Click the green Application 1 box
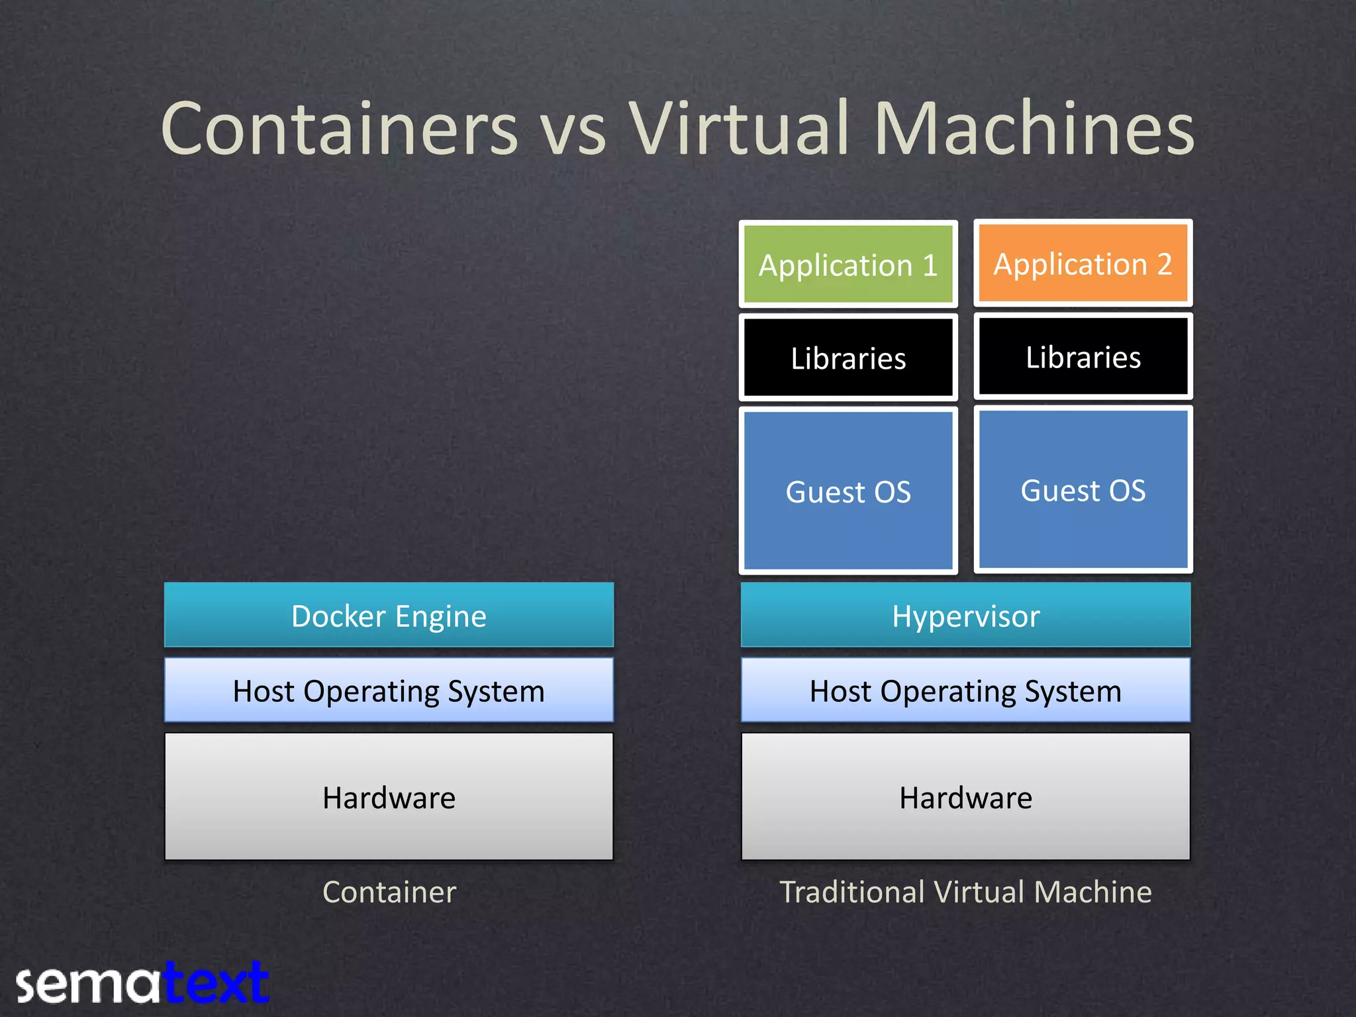[848, 265]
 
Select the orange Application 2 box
[1083, 264]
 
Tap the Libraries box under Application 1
[848, 358]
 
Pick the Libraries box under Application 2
[1083, 357]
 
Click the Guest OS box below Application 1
[848, 491]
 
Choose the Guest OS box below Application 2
[1083, 490]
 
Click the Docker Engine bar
[389, 616]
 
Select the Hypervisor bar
[965, 616]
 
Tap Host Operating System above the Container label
[389, 691]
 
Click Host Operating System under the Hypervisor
[965, 691]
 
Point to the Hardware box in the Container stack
[389, 797]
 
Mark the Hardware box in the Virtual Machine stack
[965, 797]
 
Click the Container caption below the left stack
[389, 892]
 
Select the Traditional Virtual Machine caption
[965, 892]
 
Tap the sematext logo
[142, 983]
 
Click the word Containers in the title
[339, 128]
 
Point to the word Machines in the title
[1034, 128]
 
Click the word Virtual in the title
[739, 128]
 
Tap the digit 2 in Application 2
[1164, 264]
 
